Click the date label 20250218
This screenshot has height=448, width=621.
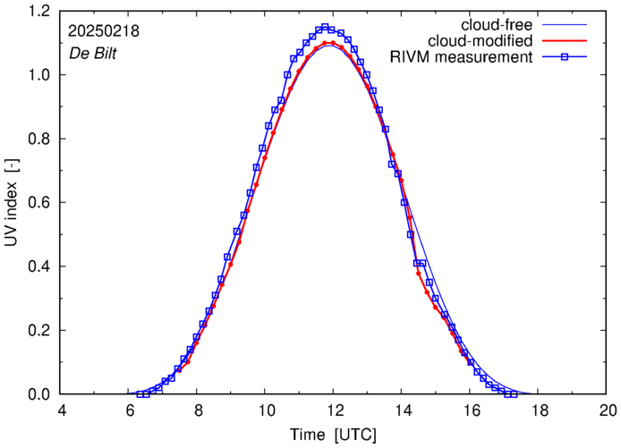103,30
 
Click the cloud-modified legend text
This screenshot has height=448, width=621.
481,41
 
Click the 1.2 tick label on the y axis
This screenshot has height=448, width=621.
40,11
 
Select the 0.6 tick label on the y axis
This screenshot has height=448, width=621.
40,203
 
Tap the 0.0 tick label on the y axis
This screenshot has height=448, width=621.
40,394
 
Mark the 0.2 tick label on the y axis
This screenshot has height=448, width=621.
40,331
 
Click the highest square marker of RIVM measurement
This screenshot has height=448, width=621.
326,27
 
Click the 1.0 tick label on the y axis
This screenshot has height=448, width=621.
40,75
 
